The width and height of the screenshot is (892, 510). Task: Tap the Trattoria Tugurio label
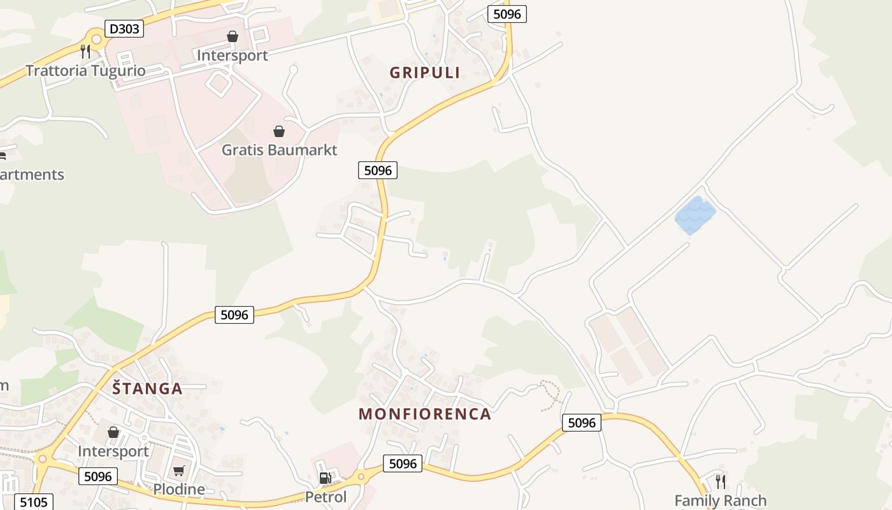(85, 70)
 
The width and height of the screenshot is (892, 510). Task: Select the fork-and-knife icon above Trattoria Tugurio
(85, 51)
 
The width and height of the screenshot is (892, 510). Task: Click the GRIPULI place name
(425, 73)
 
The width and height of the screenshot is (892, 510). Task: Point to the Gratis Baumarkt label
(279, 150)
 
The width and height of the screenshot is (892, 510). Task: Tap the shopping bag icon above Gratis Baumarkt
(279, 131)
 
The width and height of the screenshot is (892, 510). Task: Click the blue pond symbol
(695, 215)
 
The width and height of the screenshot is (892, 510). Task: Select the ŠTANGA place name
(147, 388)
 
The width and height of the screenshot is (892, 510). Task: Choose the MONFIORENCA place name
(425, 414)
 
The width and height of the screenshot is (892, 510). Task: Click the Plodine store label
(179, 490)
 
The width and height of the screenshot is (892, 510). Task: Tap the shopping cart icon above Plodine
(179, 471)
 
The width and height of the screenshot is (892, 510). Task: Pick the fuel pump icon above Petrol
(325, 477)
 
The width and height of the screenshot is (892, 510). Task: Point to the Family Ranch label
(720, 500)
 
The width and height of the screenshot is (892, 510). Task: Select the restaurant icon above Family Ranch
(720, 481)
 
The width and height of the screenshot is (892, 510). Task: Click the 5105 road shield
(32, 502)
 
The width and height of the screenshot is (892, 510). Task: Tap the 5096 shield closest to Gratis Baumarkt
(378, 170)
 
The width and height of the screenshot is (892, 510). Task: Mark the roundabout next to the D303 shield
(96, 40)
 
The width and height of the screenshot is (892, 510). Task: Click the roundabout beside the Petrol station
(361, 475)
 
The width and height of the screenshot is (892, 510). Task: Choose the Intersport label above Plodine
(113, 451)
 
